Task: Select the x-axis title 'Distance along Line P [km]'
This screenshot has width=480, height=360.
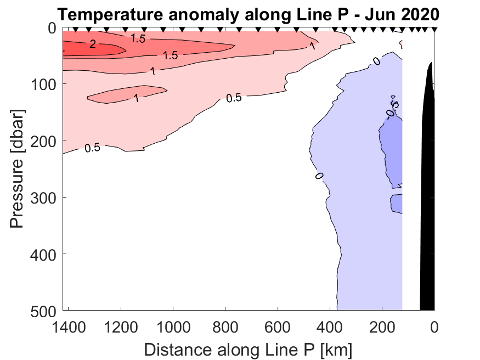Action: (248, 348)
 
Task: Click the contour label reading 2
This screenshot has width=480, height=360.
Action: (93, 44)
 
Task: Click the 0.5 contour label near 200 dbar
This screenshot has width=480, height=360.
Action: (92, 148)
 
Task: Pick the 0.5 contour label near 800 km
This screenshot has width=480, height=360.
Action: (234, 98)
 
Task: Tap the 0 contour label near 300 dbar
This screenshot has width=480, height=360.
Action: (319, 176)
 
